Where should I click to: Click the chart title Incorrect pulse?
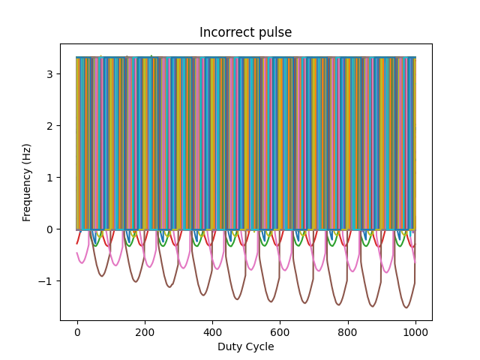click(245, 33)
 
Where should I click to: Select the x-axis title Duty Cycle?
click(245, 346)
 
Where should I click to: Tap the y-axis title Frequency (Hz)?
click(27, 181)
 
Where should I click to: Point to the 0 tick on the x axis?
click(77, 331)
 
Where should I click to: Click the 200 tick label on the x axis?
click(145, 331)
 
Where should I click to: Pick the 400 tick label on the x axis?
click(212, 331)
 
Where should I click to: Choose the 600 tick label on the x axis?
click(280, 331)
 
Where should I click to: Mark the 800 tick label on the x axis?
click(347, 331)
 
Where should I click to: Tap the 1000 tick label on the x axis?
click(415, 331)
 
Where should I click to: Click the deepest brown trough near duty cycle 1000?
click(406, 307)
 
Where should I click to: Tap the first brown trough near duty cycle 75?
click(102, 276)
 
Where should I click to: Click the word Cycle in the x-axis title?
click(259, 346)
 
